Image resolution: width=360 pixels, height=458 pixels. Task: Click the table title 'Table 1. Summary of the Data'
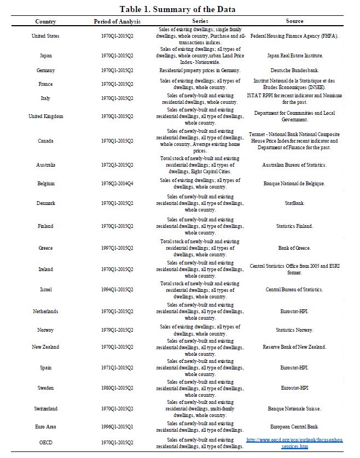[x=178, y=9]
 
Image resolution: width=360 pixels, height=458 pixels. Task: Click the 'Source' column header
[x=294, y=21]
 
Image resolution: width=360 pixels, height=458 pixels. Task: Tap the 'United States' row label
[x=45, y=36]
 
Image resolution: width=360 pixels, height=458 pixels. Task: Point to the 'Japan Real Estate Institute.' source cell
[x=294, y=56]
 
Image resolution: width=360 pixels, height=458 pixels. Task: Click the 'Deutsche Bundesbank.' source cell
[x=294, y=71]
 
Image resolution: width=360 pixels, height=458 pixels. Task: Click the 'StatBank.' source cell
[x=294, y=203]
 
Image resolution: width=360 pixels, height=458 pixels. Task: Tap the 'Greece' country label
[x=45, y=248]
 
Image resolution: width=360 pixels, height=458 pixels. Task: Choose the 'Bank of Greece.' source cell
[x=294, y=248]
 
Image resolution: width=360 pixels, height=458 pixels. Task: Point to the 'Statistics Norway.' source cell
[x=294, y=330]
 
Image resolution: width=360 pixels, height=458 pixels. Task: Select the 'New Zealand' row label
[x=45, y=347]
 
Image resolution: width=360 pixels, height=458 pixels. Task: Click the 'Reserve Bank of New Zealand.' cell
[x=294, y=347]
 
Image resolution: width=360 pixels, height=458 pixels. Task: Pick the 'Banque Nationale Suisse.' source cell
[x=294, y=409]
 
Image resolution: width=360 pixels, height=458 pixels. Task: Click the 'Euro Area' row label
[x=45, y=427]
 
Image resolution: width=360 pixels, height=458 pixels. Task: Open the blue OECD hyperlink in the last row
[x=294, y=443]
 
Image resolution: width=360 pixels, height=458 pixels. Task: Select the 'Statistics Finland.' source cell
[x=294, y=226]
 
